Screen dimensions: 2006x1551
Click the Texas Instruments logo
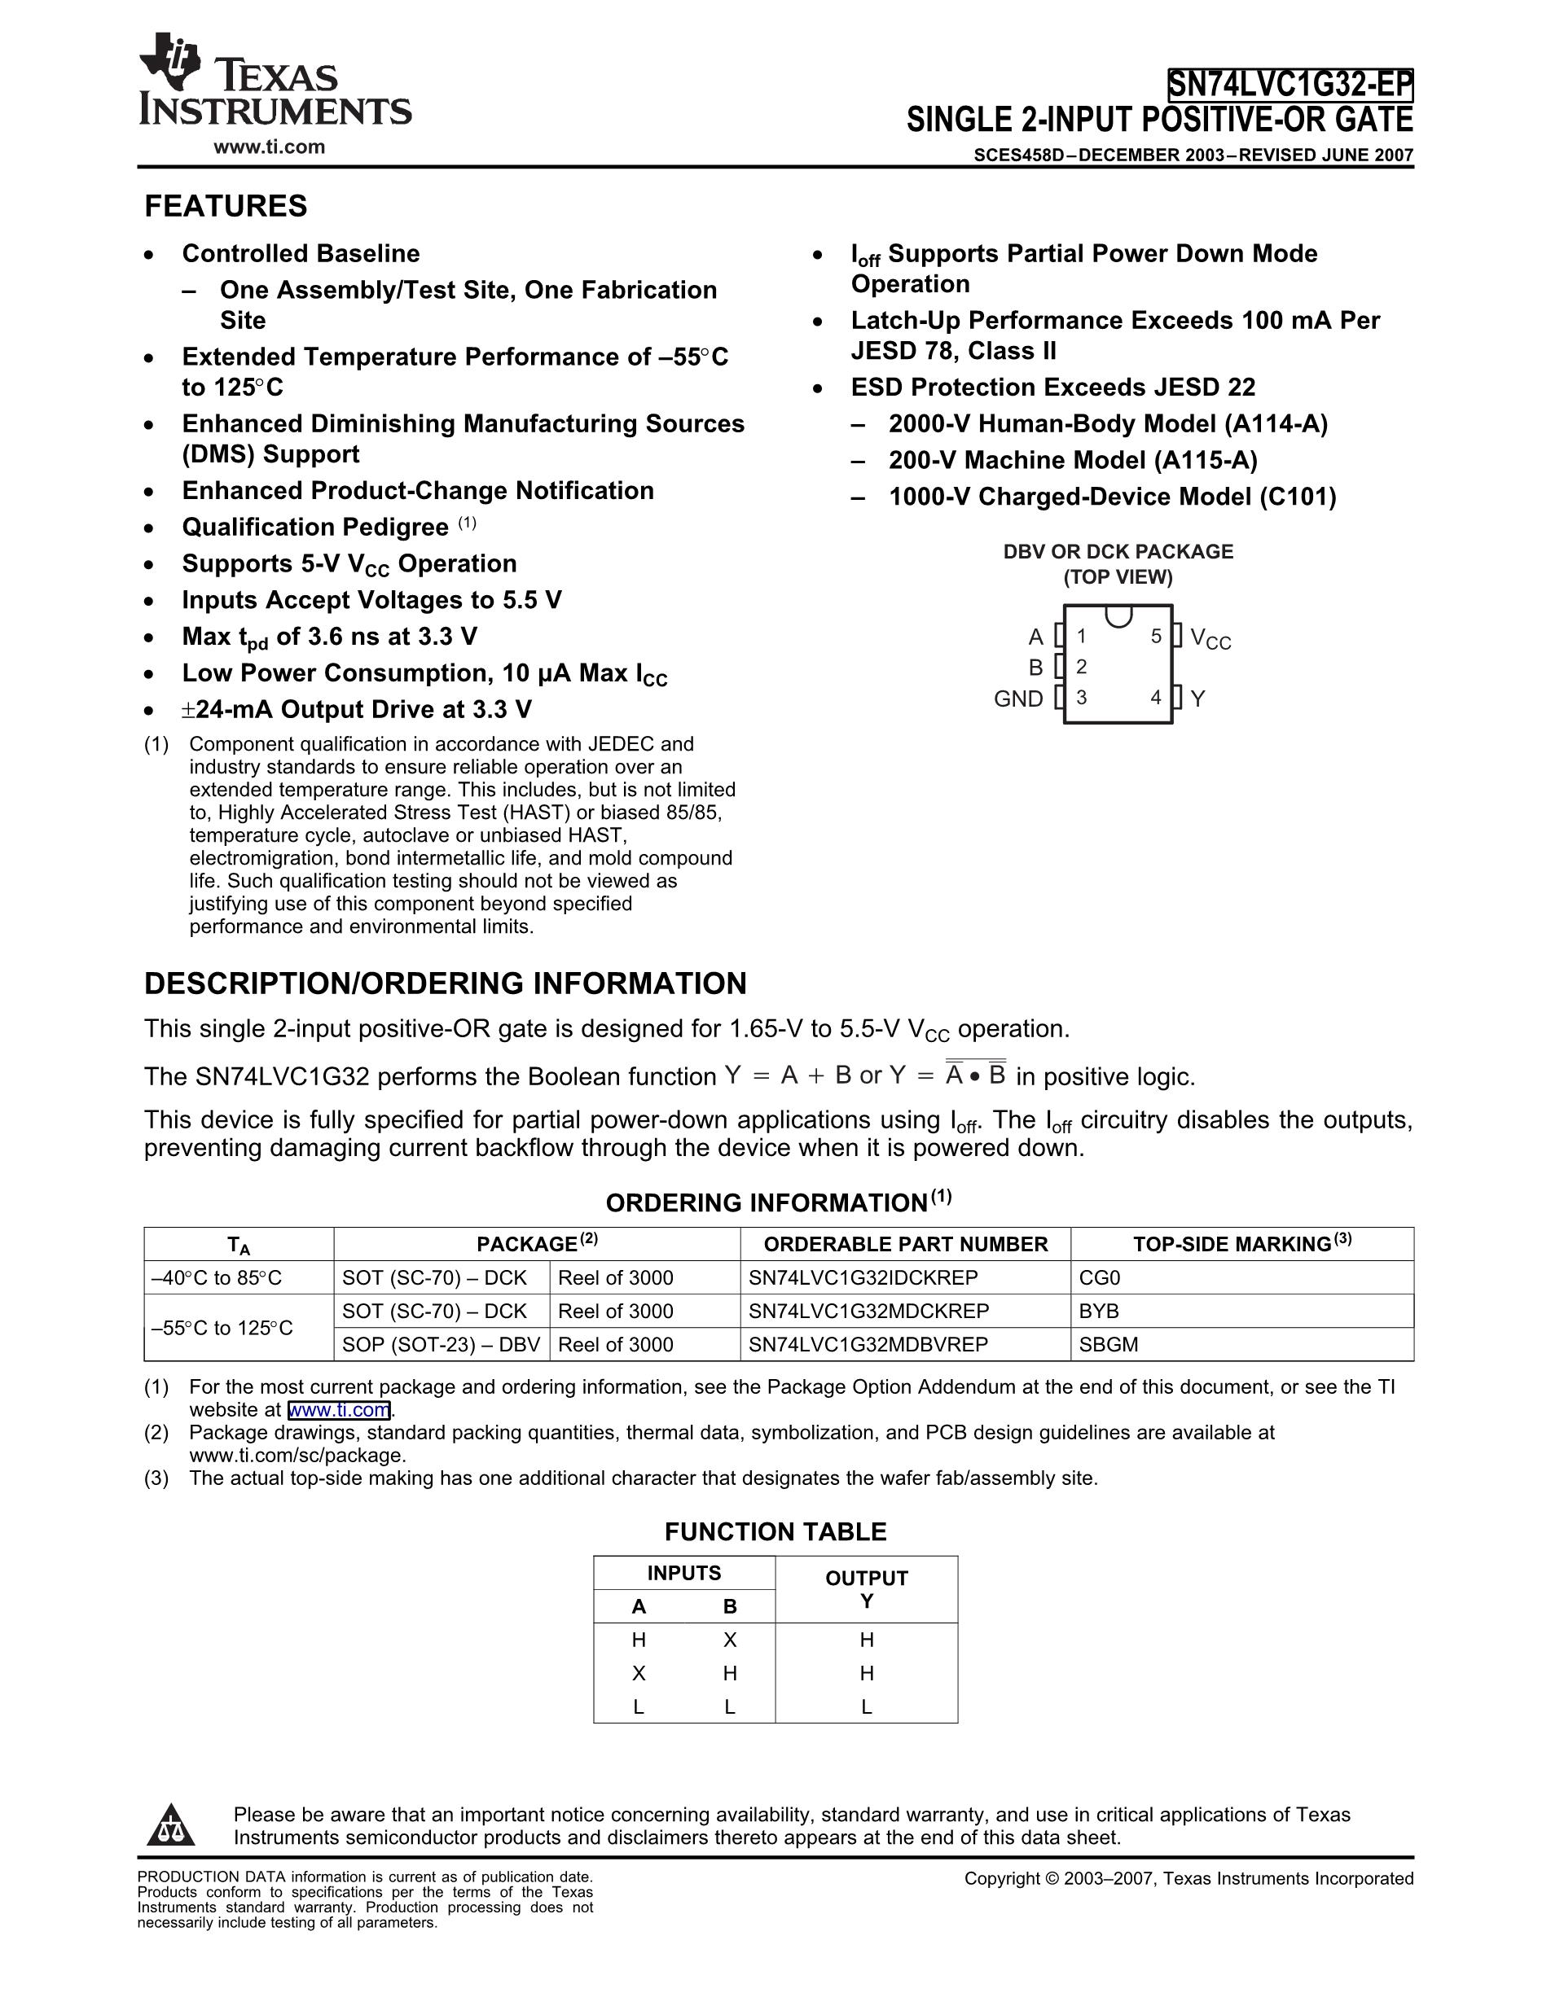274,83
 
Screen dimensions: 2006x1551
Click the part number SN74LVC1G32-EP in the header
1290,85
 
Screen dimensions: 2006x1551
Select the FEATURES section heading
226,206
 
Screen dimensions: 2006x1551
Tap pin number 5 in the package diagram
1156,636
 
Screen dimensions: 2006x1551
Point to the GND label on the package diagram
1018,699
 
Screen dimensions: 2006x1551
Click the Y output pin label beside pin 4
1197,699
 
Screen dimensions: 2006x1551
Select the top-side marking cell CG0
1100,1277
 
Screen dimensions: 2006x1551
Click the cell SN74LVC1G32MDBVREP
868,1345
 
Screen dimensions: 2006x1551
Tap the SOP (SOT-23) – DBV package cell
441,1345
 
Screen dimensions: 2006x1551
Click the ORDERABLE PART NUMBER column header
905,1244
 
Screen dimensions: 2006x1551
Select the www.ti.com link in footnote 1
339,1410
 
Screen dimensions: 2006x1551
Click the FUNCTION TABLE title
775,1532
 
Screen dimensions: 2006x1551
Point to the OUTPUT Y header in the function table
867,1589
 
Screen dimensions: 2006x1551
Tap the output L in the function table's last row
867,1706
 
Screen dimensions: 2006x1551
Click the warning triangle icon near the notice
171,1825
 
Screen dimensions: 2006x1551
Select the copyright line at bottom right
1188,1878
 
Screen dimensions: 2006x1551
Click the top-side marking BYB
1099,1311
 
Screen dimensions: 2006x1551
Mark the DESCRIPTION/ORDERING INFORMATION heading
446,983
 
